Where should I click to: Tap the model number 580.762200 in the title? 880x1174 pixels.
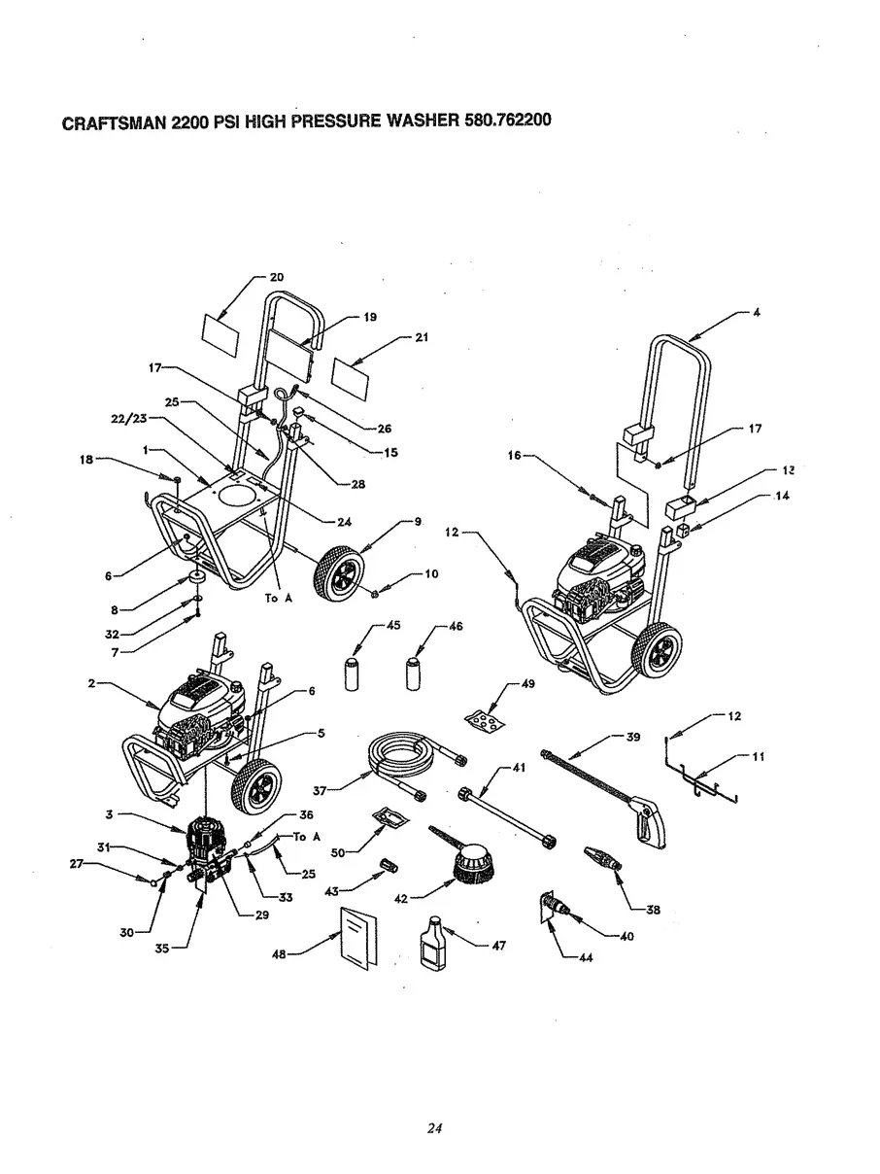coord(503,122)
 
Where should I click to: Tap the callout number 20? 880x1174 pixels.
coord(277,277)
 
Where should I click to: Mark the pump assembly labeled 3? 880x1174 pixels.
coord(206,838)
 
